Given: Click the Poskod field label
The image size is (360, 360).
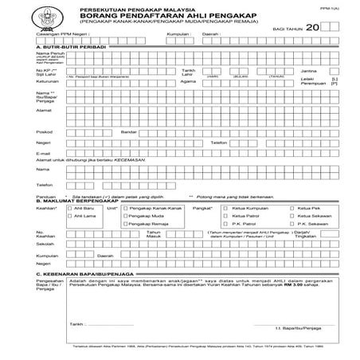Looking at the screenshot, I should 45,132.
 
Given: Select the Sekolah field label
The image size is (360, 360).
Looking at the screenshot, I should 45,245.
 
